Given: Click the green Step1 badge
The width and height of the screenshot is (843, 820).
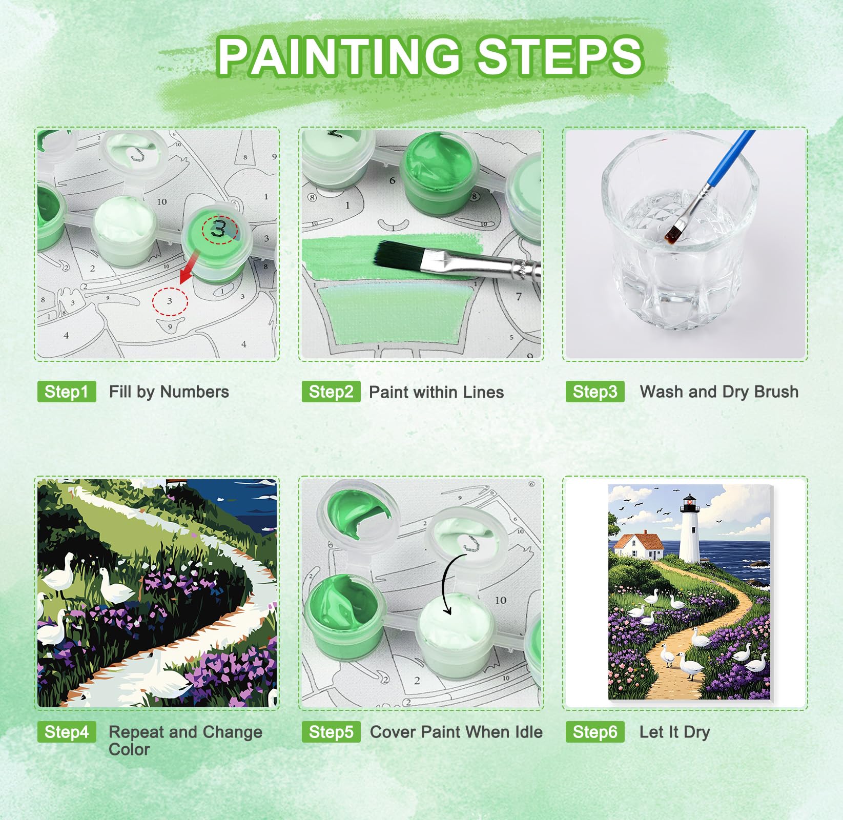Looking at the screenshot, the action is point(67,392).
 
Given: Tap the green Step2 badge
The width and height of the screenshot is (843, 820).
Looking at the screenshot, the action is point(331,392).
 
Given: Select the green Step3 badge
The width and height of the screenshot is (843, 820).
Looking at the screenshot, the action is point(595,392).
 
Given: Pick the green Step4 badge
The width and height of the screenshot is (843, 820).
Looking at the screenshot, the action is point(67,732).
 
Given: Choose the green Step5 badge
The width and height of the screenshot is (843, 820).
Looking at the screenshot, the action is point(331,732).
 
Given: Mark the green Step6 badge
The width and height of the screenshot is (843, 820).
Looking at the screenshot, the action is point(595,732).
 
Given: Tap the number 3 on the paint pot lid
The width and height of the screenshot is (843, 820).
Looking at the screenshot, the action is point(219,229).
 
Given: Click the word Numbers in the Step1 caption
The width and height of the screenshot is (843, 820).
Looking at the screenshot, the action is point(194,392).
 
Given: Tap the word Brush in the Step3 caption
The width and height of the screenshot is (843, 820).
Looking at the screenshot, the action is point(776,392).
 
